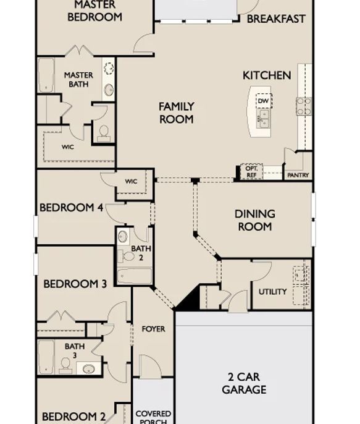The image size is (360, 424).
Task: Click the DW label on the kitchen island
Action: click(x=264, y=101)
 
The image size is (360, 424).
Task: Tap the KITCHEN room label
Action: click(x=266, y=75)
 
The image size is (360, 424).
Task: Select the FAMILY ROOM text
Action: click(x=177, y=113)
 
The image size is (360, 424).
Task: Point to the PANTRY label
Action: click(x=298, y=176)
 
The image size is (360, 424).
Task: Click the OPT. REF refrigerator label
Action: click(x=251, y=172)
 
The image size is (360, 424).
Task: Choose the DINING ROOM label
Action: click(x=254, y=221)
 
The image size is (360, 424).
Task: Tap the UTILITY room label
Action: click(x=272, y=292)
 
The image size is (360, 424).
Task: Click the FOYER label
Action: click(x=153, y=329)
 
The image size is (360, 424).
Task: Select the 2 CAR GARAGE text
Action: click(x=244, y=383)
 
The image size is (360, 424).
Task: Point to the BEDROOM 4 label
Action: click(x=71, y=208)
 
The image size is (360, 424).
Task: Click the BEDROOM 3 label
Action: click(x=75, y=284)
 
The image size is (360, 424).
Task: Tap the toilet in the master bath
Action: click(x=104, y=132)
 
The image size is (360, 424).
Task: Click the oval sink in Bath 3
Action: click(x=89, y=369)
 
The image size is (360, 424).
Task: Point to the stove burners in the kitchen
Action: click(x=303, y=106)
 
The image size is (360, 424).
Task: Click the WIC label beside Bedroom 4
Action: click(x=131, y=181)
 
